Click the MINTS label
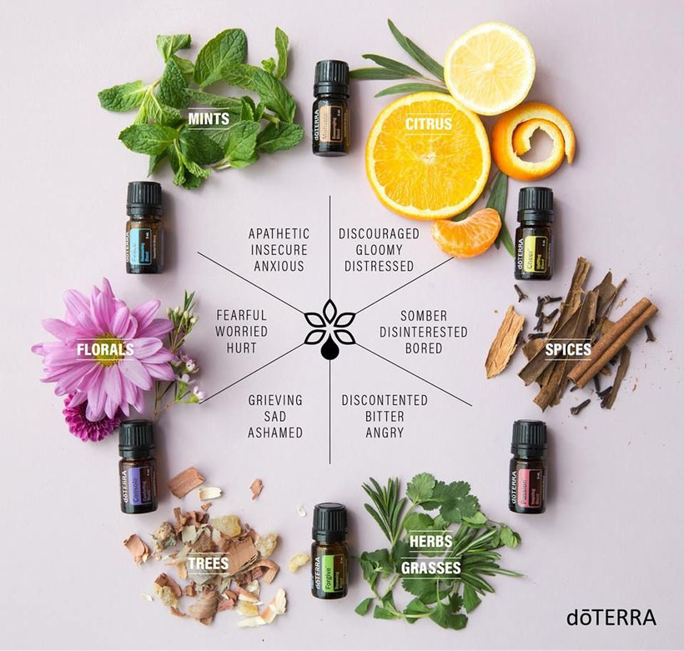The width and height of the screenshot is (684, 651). pos(209,119)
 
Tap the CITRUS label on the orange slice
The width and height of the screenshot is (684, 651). pos(429,125)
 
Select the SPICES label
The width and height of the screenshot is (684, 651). pos(569,350)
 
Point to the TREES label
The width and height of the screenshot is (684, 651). pos(208,564)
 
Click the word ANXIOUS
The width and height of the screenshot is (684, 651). pos(279,267)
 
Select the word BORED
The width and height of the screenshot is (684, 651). pos(424,348)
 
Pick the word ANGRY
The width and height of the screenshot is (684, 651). pos(385,433)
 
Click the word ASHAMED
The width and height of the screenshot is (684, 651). pos(275,433)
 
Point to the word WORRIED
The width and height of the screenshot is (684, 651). pos(242,332)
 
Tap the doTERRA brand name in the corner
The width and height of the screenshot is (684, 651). pos(611,618)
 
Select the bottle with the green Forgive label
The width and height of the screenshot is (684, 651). pos(329,551)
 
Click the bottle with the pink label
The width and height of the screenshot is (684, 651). pos(527,467)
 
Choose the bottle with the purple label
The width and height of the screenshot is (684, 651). pos(137,468)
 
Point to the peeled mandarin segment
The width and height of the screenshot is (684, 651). pos(466,233)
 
